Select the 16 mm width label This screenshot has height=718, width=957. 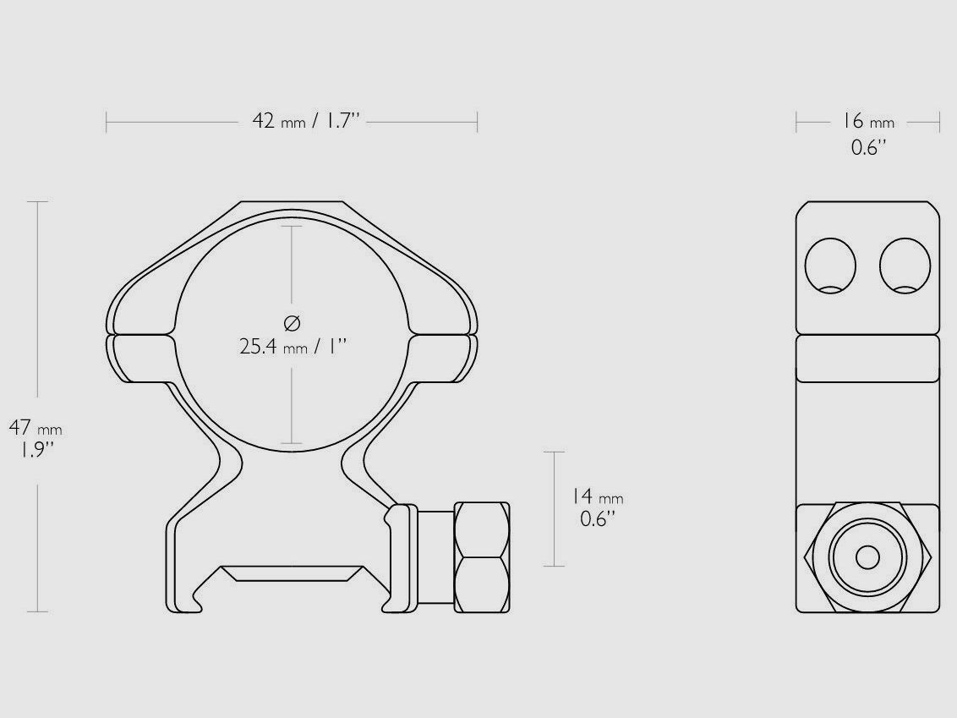coord(867,122)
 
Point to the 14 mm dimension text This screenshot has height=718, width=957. coord(597,498)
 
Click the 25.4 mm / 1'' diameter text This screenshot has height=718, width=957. coord(293,346)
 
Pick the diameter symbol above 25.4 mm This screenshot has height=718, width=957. coord(293,322)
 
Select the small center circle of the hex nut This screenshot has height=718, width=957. coord(867,557)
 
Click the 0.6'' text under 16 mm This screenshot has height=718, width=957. coord(867,148)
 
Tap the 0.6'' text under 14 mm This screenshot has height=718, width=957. coord(597,518)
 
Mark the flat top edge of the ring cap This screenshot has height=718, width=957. coord(292,202)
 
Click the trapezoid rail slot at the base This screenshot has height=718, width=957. coord(292,573)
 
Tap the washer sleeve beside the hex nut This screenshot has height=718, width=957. coord(435,558)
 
